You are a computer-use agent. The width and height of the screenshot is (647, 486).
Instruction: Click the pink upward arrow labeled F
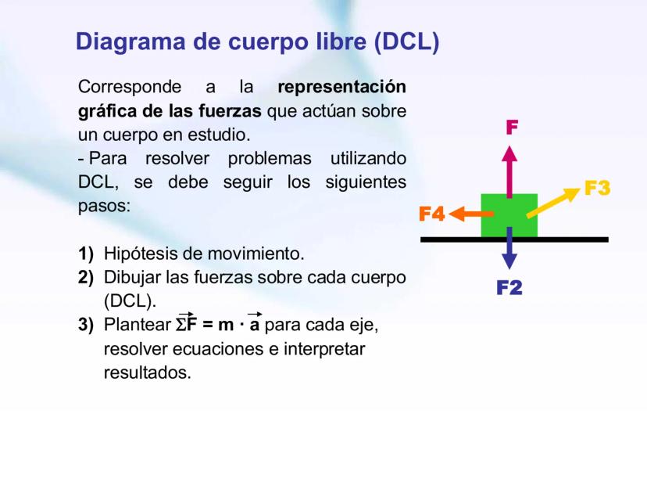pyautogui.click(x=509, y=168)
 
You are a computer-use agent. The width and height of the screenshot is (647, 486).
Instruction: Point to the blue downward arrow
pyautogui.click(x=509, y=249)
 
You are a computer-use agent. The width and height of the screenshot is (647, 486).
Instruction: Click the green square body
pyautogui.click(x=509, y=215)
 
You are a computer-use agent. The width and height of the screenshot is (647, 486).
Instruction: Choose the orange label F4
pyautogui.click(x=431, y=213)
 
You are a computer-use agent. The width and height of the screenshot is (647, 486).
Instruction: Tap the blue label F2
pyautogui.click(x=509, y=288)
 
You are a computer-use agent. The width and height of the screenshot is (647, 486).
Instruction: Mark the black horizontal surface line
pyautogui.click(x=578, y=239)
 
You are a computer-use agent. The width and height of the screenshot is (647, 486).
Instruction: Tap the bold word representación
pyautogui.click(x=342, y=86)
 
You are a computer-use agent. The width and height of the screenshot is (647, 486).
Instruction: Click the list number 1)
pyautogui.click(x=86, y=254)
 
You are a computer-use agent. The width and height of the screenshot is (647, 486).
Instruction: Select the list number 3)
pyautogui.click(x=86, y=324)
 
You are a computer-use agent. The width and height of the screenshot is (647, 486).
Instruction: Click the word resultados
pyautogui.click(x=147, y=372)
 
